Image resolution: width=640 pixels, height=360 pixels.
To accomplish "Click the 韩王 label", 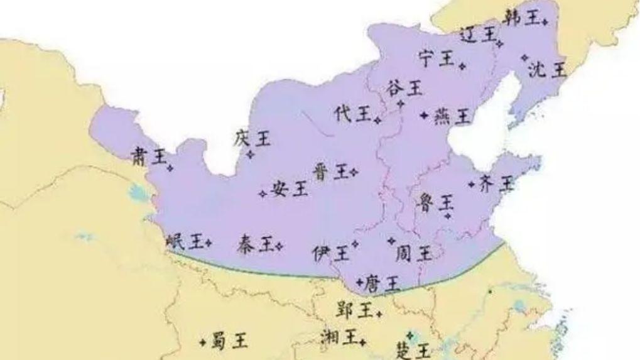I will (521, 19).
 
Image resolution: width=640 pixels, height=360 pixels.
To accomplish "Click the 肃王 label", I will (148, 156).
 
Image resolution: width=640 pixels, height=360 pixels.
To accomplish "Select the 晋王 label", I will (330, 172).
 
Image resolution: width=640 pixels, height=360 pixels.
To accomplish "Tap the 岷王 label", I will (184, 241).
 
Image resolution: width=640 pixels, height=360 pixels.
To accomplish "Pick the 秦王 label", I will (256, 244).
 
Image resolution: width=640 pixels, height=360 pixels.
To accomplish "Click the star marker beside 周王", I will (391, 240).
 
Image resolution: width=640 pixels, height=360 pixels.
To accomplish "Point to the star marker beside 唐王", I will (359, 281).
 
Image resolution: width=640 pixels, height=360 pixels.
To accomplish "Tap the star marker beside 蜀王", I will (202, 342).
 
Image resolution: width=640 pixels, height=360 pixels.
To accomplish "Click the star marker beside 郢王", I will (379, 310).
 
